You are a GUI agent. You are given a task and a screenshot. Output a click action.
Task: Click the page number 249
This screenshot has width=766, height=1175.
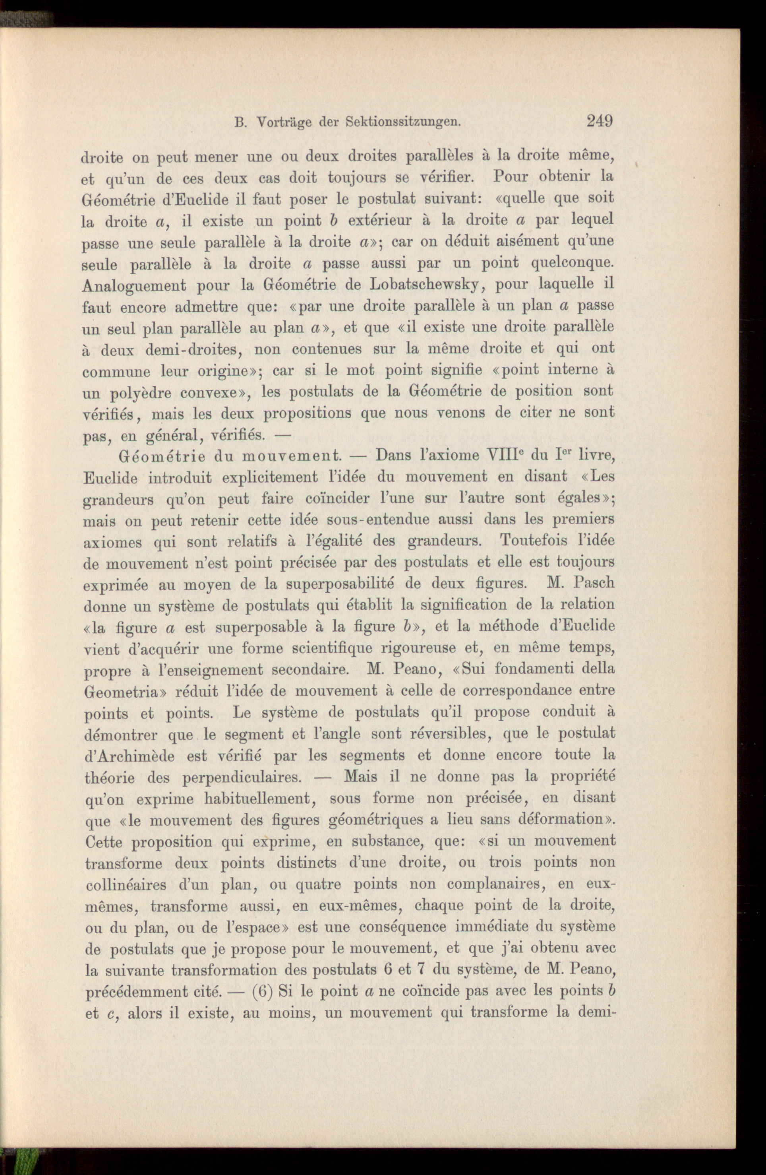[x=599, y=120]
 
